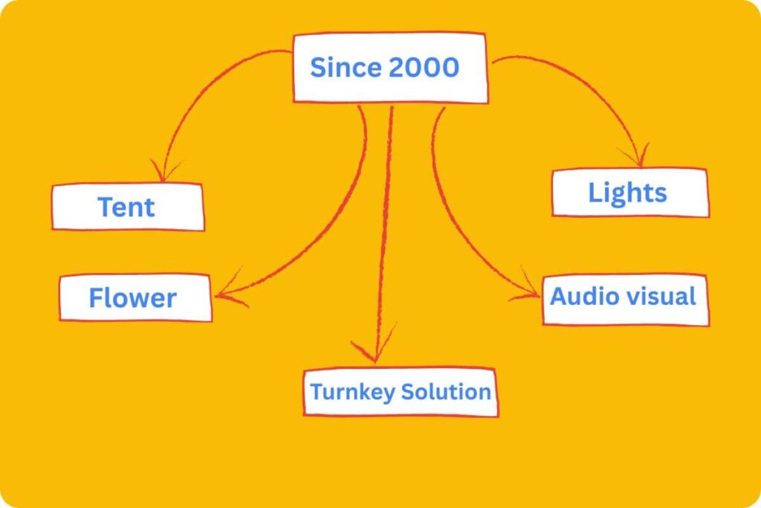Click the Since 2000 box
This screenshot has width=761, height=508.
click(x=390, y=68)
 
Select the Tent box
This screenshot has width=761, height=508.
click(x=128, y=206)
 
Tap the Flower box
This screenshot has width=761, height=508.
click(x=136, y=298)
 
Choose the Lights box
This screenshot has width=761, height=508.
click(x=629, y=193)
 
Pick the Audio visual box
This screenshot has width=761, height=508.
click(x=625, y=298)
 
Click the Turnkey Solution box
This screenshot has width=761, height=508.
click(x=401, y=392)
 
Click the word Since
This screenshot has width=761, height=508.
click(x=345, y=68)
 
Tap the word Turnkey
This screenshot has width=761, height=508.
click(x=352, y=392)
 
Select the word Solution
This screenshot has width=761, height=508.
click(x=446, y=392)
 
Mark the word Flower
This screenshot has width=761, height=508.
click(x=132, y=298)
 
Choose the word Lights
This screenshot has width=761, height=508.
click(x=628, y=193)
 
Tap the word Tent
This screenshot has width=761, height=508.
click(x=126, y=207)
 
